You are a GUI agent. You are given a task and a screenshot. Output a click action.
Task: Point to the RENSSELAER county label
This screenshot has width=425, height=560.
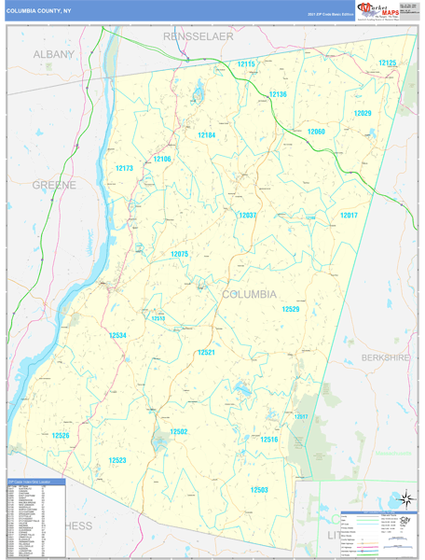198,35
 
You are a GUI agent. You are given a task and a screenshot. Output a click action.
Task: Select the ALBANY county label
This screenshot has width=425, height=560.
53,55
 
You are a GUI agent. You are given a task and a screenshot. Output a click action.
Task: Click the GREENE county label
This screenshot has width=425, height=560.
54,186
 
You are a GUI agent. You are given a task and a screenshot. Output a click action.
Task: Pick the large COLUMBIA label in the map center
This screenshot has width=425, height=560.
249,294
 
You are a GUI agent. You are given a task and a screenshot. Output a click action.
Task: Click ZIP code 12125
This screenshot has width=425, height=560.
387,63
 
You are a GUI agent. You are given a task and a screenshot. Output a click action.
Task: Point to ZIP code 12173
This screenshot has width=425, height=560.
124,169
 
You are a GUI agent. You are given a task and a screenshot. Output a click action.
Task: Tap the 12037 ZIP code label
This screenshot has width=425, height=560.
247,216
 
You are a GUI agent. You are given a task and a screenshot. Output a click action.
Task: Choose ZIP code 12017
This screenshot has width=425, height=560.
349,216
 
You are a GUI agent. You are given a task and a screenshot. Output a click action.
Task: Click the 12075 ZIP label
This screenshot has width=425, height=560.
180,254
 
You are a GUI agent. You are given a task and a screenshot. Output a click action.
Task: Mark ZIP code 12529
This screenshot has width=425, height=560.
292,309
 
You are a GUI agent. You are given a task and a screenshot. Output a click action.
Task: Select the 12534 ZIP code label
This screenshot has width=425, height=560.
117,335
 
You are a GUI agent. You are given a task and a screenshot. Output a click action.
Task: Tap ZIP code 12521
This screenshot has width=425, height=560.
206,353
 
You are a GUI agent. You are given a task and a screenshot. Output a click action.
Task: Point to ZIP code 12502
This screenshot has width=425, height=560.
178,431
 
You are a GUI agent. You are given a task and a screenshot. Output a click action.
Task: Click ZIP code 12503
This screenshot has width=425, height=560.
259,489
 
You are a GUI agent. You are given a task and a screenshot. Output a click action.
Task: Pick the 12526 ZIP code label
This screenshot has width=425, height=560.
61,436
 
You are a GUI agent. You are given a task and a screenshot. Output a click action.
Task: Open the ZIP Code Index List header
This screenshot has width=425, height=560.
35,483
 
